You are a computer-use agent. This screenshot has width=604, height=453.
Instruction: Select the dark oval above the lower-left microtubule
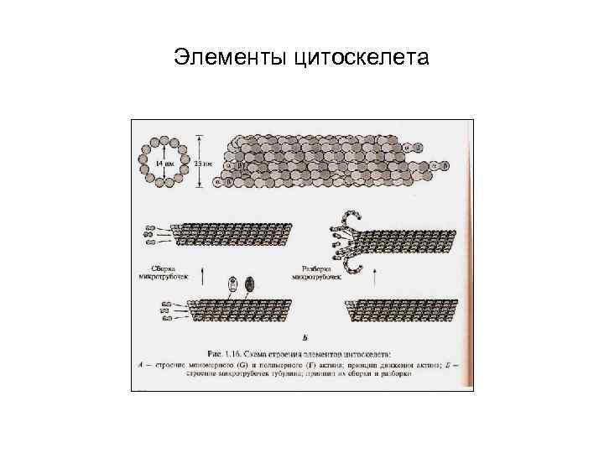click(248, 285)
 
